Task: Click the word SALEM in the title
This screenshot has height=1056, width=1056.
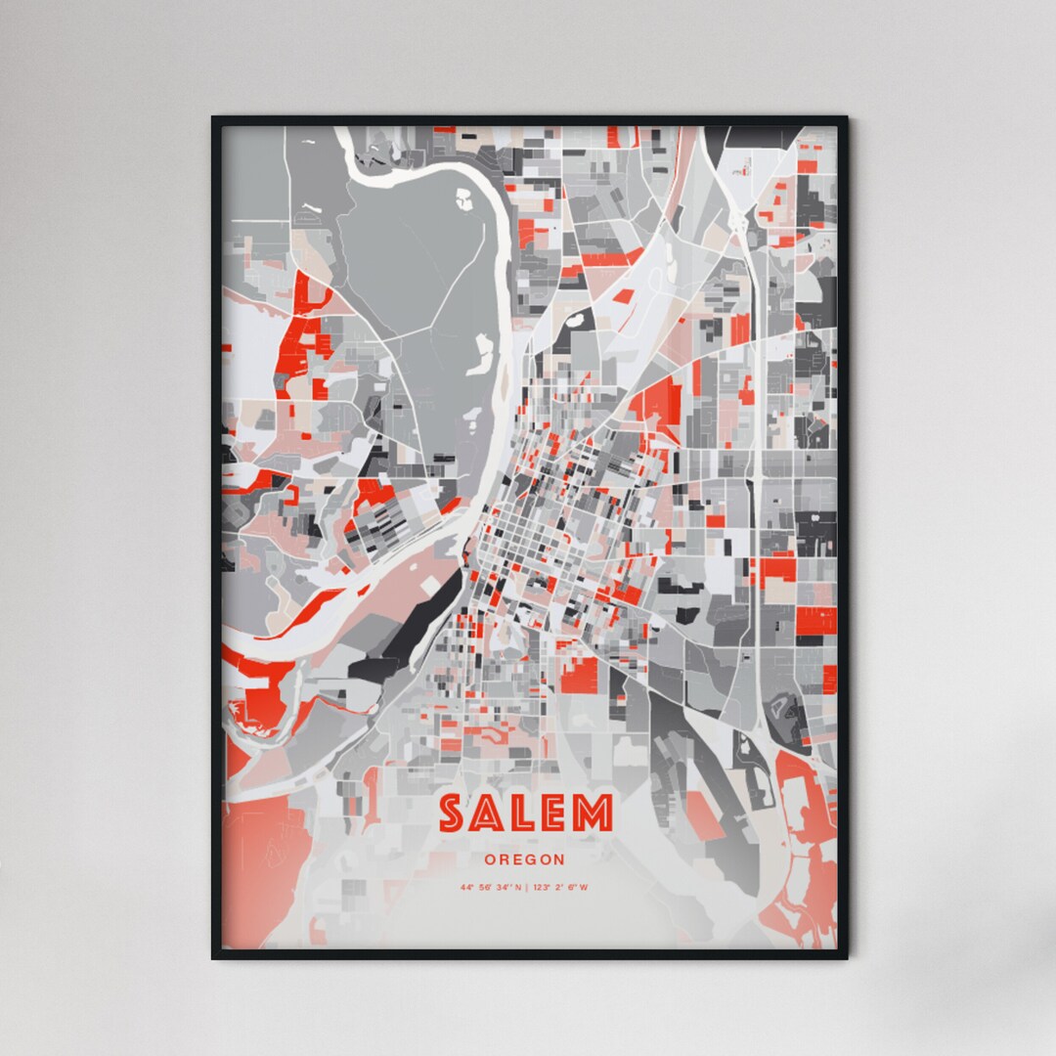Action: point(525,814)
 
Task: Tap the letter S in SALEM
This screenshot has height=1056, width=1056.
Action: point(451,814)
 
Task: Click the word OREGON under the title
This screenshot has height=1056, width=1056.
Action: point(524,859)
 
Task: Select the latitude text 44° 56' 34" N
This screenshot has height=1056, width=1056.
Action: point(491,888)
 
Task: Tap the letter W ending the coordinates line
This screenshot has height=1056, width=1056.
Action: point(584,888)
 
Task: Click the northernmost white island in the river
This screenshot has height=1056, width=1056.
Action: point(462,199)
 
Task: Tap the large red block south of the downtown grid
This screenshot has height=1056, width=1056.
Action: point(578,675)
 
